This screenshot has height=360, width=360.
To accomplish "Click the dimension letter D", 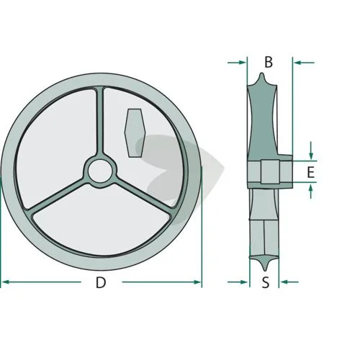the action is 101,282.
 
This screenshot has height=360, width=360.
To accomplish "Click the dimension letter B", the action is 269,62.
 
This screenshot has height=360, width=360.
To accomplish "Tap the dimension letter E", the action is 311,172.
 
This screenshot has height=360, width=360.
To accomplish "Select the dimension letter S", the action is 266,282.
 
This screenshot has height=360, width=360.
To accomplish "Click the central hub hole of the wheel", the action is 100,171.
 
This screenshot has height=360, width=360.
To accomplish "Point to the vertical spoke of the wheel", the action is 100,122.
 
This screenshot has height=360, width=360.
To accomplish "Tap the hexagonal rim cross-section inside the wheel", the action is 135,133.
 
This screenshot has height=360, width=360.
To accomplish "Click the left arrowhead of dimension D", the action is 5,282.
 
